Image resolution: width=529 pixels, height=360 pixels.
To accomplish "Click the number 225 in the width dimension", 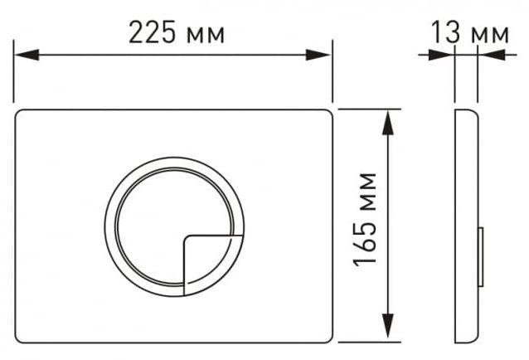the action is pyautogui.click(x=153, y=32).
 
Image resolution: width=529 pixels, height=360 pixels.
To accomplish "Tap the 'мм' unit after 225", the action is pyautogui.click(x=206, y=36).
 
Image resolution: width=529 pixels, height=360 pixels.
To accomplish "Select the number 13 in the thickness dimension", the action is pyautogui.click(x=445, y=32).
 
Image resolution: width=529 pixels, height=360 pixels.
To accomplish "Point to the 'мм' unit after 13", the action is pyautogui.click(x=490, y=35).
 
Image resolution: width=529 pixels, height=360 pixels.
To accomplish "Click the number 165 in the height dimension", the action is pyautogui.click(x=364, y=243).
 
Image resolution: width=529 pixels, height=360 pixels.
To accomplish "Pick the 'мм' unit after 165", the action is pyautogui.click(x=368, y=192).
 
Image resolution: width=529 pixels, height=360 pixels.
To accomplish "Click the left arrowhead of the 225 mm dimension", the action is pyautogui.click(x=27, y=55).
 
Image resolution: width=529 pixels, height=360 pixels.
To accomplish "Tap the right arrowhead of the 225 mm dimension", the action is pyautogui.click(x=318, y=55).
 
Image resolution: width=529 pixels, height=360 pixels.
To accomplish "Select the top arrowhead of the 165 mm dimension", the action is pyautogui.click(x=388, y=123).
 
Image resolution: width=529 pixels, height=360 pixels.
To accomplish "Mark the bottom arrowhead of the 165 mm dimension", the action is pyautogui.click(x=388, y=326).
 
